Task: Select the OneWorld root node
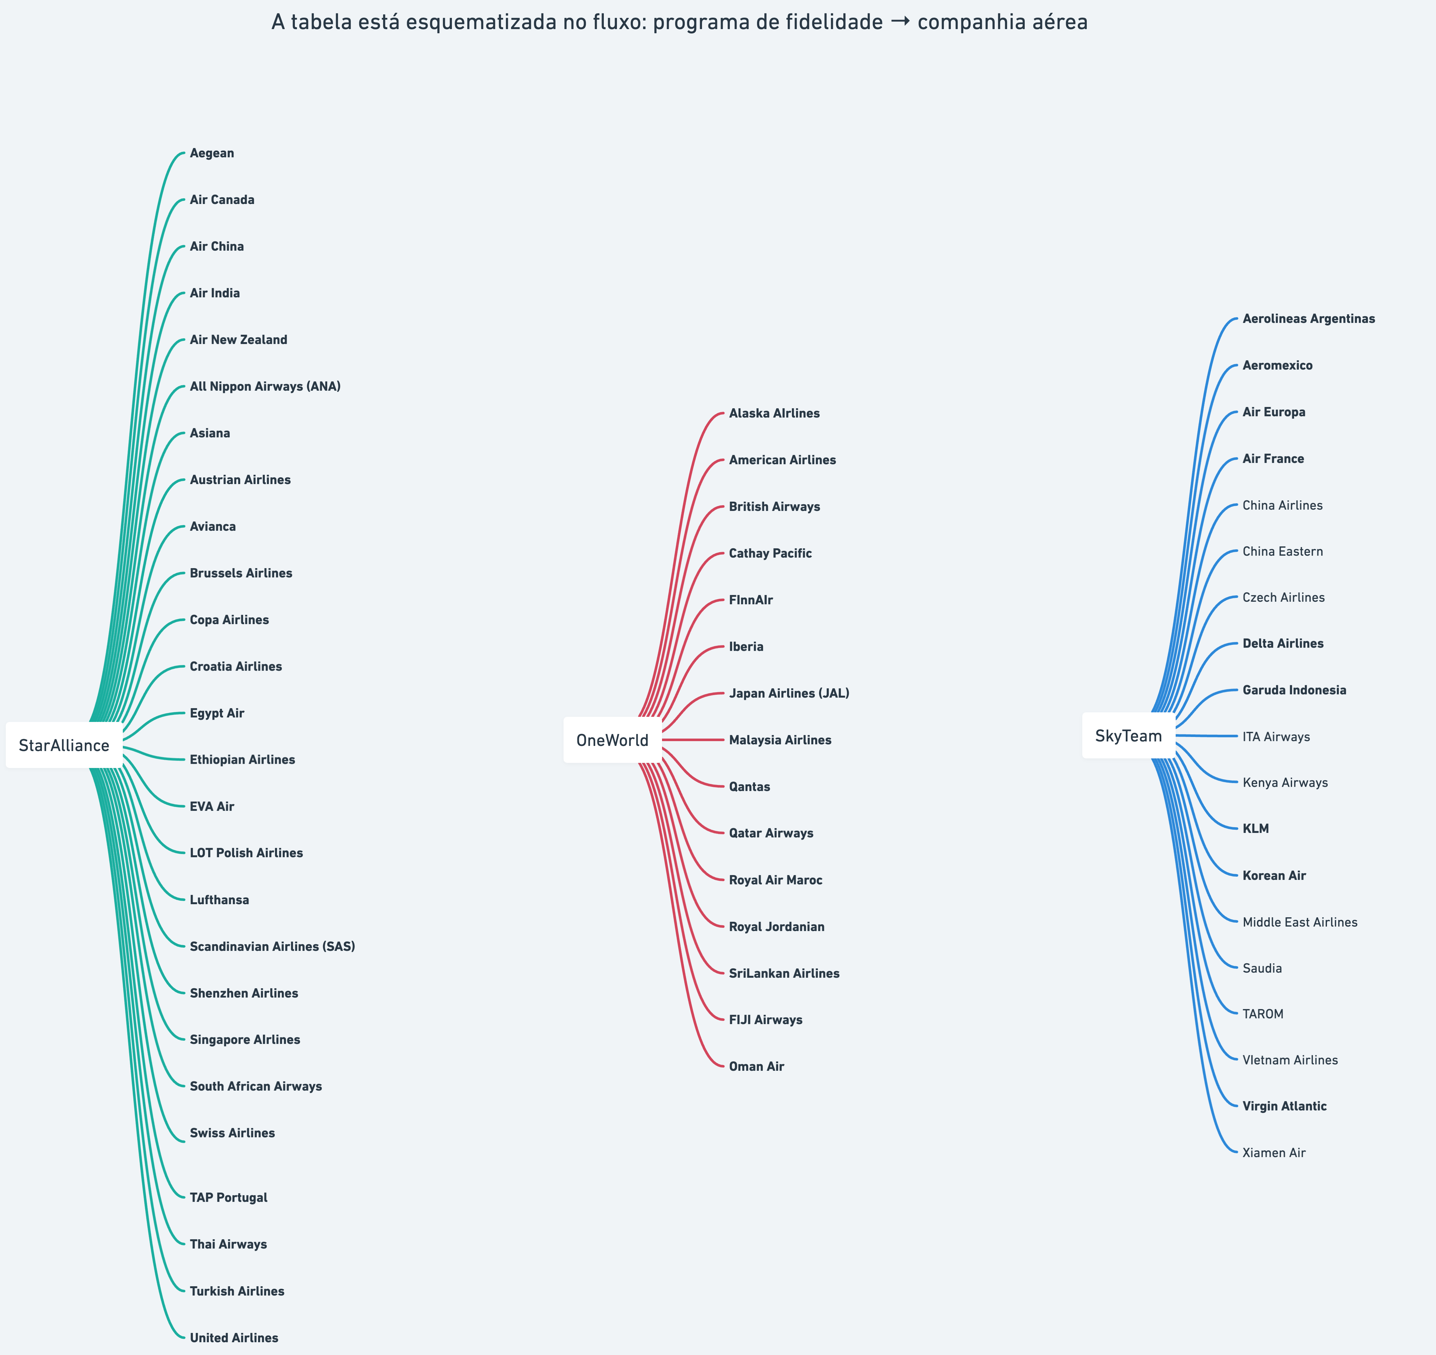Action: [612, 740]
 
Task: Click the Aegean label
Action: [212, 153]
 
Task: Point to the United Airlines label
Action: [234, 1338]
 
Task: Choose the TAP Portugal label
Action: [228, 1198]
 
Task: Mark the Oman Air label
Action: [756, 1066]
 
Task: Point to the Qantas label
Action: [749, 787]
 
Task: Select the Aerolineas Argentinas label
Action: [1308, 318]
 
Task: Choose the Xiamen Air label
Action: [1274, 1153]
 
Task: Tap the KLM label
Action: [1255, 828]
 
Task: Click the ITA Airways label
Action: [1276, 737]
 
